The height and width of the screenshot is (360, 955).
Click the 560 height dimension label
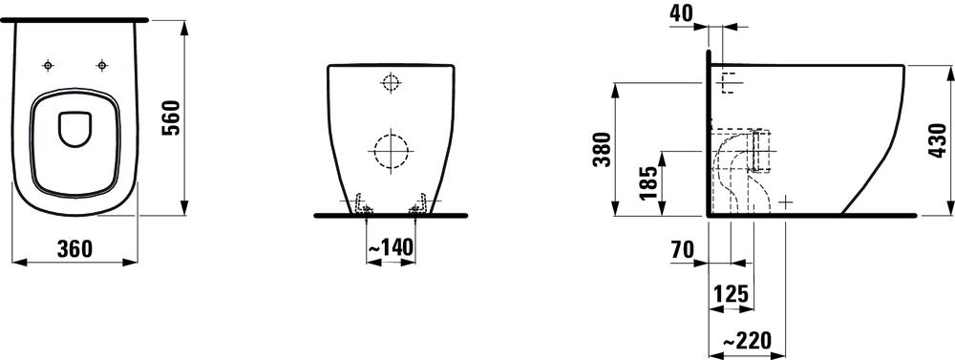171,116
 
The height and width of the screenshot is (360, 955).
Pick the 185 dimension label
648,181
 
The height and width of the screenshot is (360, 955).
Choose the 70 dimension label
682,250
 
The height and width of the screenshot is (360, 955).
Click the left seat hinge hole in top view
48,65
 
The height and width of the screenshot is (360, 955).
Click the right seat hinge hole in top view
100,65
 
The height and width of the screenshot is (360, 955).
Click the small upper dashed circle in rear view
389,83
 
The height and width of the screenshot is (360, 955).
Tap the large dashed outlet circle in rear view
389,149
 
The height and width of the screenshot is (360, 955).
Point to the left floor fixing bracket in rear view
360,204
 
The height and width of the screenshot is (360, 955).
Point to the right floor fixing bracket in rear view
417,204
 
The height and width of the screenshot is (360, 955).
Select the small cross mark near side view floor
785,201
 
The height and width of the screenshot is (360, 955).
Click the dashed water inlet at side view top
728,82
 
